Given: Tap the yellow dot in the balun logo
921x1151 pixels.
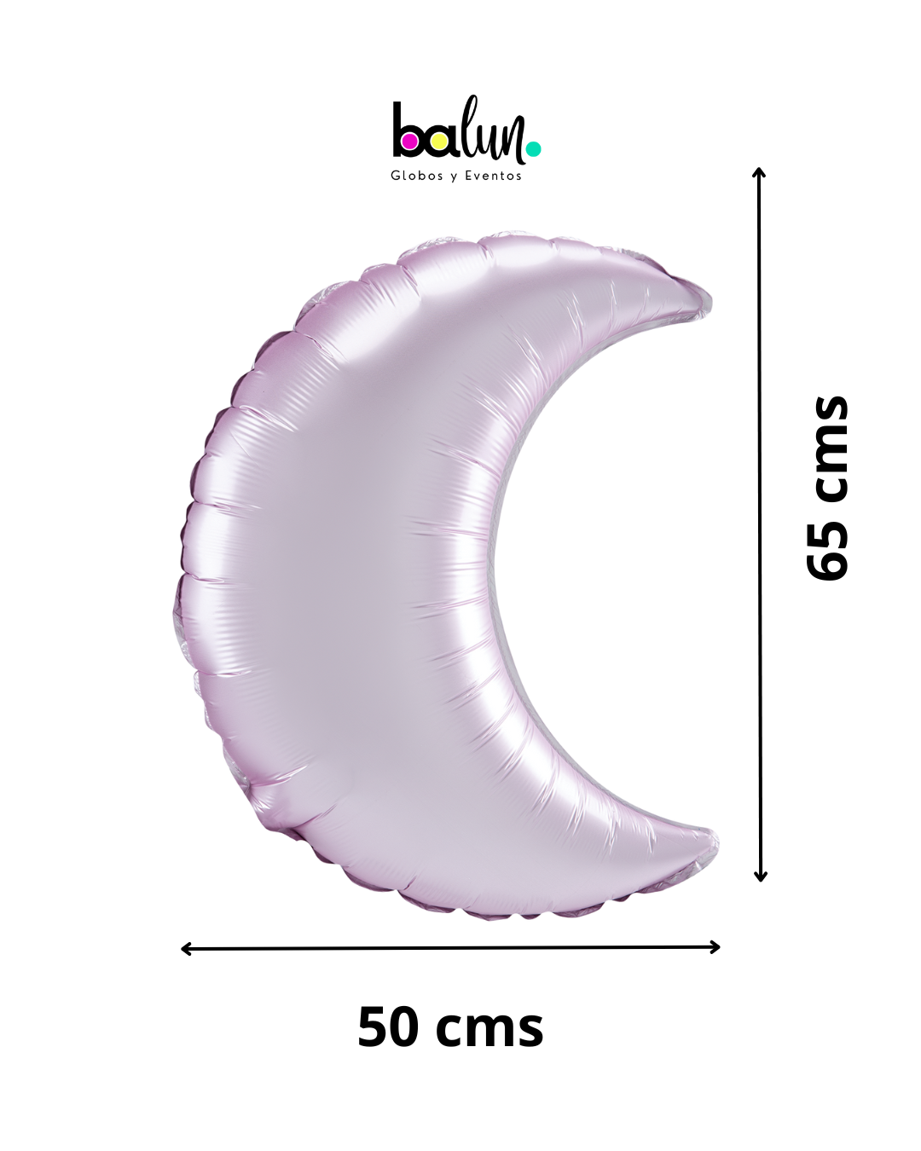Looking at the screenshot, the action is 439,142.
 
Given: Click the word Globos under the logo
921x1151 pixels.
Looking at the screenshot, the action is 417,176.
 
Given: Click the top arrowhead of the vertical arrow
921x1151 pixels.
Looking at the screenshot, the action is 759,172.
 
